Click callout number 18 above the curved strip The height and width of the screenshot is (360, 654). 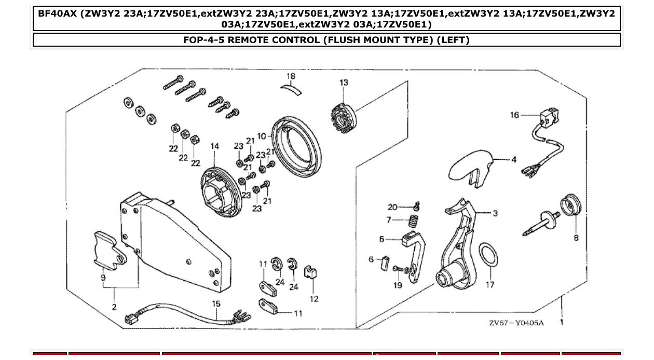pos(291,76)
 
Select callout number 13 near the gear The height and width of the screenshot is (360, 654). pos(344,82)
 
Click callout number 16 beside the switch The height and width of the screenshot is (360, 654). pos(514,115)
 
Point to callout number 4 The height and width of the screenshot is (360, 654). pos(514,159)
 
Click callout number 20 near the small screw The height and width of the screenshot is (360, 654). pos(392,207)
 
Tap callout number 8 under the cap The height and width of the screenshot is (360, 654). pos(576,238)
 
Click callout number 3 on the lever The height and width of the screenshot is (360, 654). pos(495,213)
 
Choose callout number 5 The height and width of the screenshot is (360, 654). pos(382,239)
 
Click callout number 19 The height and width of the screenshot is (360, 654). pos(398,285)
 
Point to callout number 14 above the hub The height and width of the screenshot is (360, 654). pos(215,147)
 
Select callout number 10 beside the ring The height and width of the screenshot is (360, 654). pos(261,136)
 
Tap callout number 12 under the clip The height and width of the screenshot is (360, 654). pos(314,299)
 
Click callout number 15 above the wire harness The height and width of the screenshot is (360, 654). pos(216,304)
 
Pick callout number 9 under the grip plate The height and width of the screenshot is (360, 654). pos(103,278)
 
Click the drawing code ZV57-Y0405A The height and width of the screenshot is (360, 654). pos(516,323)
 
